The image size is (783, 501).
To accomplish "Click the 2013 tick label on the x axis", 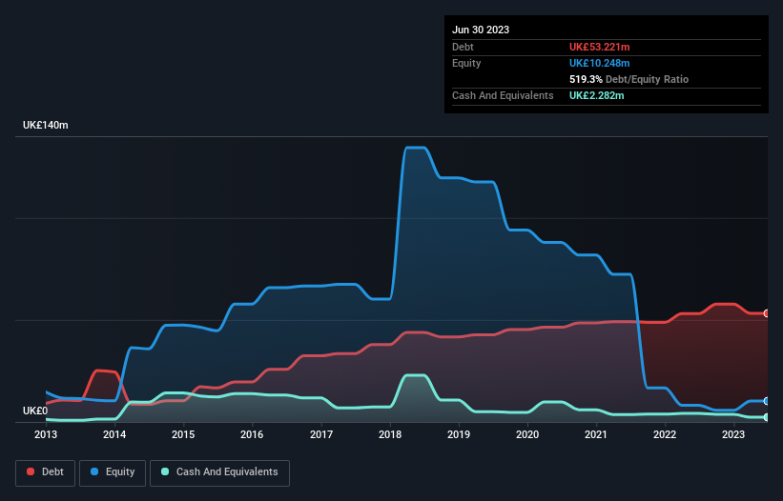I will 46,434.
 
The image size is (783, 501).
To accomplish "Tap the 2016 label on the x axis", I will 252,434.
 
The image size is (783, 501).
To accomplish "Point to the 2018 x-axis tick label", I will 390,434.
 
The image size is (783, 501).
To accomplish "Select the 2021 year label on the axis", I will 596,434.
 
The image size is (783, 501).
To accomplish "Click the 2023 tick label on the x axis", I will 733,434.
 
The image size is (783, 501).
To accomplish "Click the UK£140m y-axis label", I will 46,126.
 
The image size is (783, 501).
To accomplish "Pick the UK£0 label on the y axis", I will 37,411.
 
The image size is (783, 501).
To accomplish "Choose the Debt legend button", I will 45,472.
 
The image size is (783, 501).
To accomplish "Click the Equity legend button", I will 113,472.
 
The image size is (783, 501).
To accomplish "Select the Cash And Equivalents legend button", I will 219,472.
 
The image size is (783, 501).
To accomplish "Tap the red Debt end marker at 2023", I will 766,313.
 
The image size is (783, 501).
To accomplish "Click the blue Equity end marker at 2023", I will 766,401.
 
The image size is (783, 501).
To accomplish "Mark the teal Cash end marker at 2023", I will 766,417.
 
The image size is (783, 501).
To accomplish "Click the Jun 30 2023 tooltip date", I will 481,30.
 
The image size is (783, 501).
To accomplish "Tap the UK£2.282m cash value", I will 598,95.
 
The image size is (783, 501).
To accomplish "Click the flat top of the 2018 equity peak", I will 415,148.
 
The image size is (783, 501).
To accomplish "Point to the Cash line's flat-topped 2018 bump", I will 415,375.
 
